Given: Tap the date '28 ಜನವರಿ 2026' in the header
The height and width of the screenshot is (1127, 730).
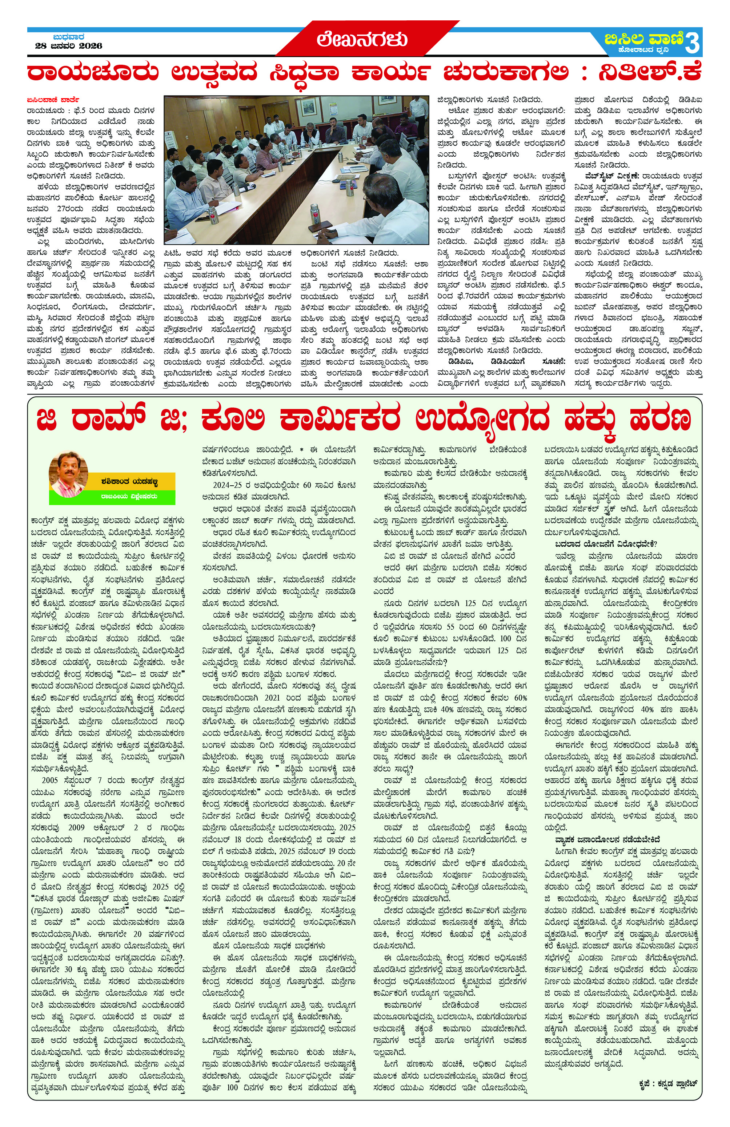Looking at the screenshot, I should coord(69,46).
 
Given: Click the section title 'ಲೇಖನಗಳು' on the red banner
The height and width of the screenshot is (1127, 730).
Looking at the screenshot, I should coord(362,39).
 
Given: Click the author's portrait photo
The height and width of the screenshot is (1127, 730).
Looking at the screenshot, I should coord(69,474).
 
